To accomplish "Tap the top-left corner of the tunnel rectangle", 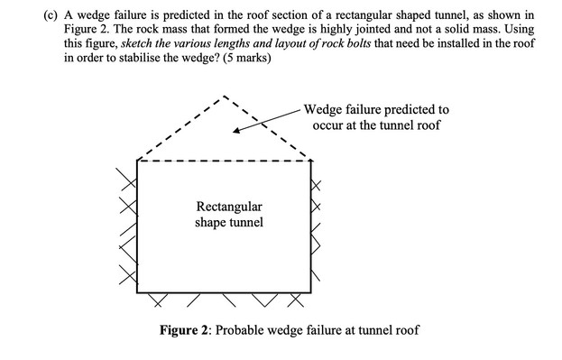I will point(137,162).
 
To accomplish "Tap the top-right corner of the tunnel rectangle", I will point(312,162).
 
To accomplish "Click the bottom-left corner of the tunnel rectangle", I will point(137,290).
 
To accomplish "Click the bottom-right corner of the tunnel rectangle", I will point(312,290).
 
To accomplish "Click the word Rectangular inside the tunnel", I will point(229,207).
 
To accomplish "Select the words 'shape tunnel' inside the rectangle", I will point(229,222).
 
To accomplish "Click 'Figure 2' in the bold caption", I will point(189,330).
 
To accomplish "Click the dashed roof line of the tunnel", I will point(225,162).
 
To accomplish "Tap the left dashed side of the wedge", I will point(180,127).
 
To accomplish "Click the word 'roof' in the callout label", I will point(426,125).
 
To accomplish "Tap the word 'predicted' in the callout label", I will point(408,109).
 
